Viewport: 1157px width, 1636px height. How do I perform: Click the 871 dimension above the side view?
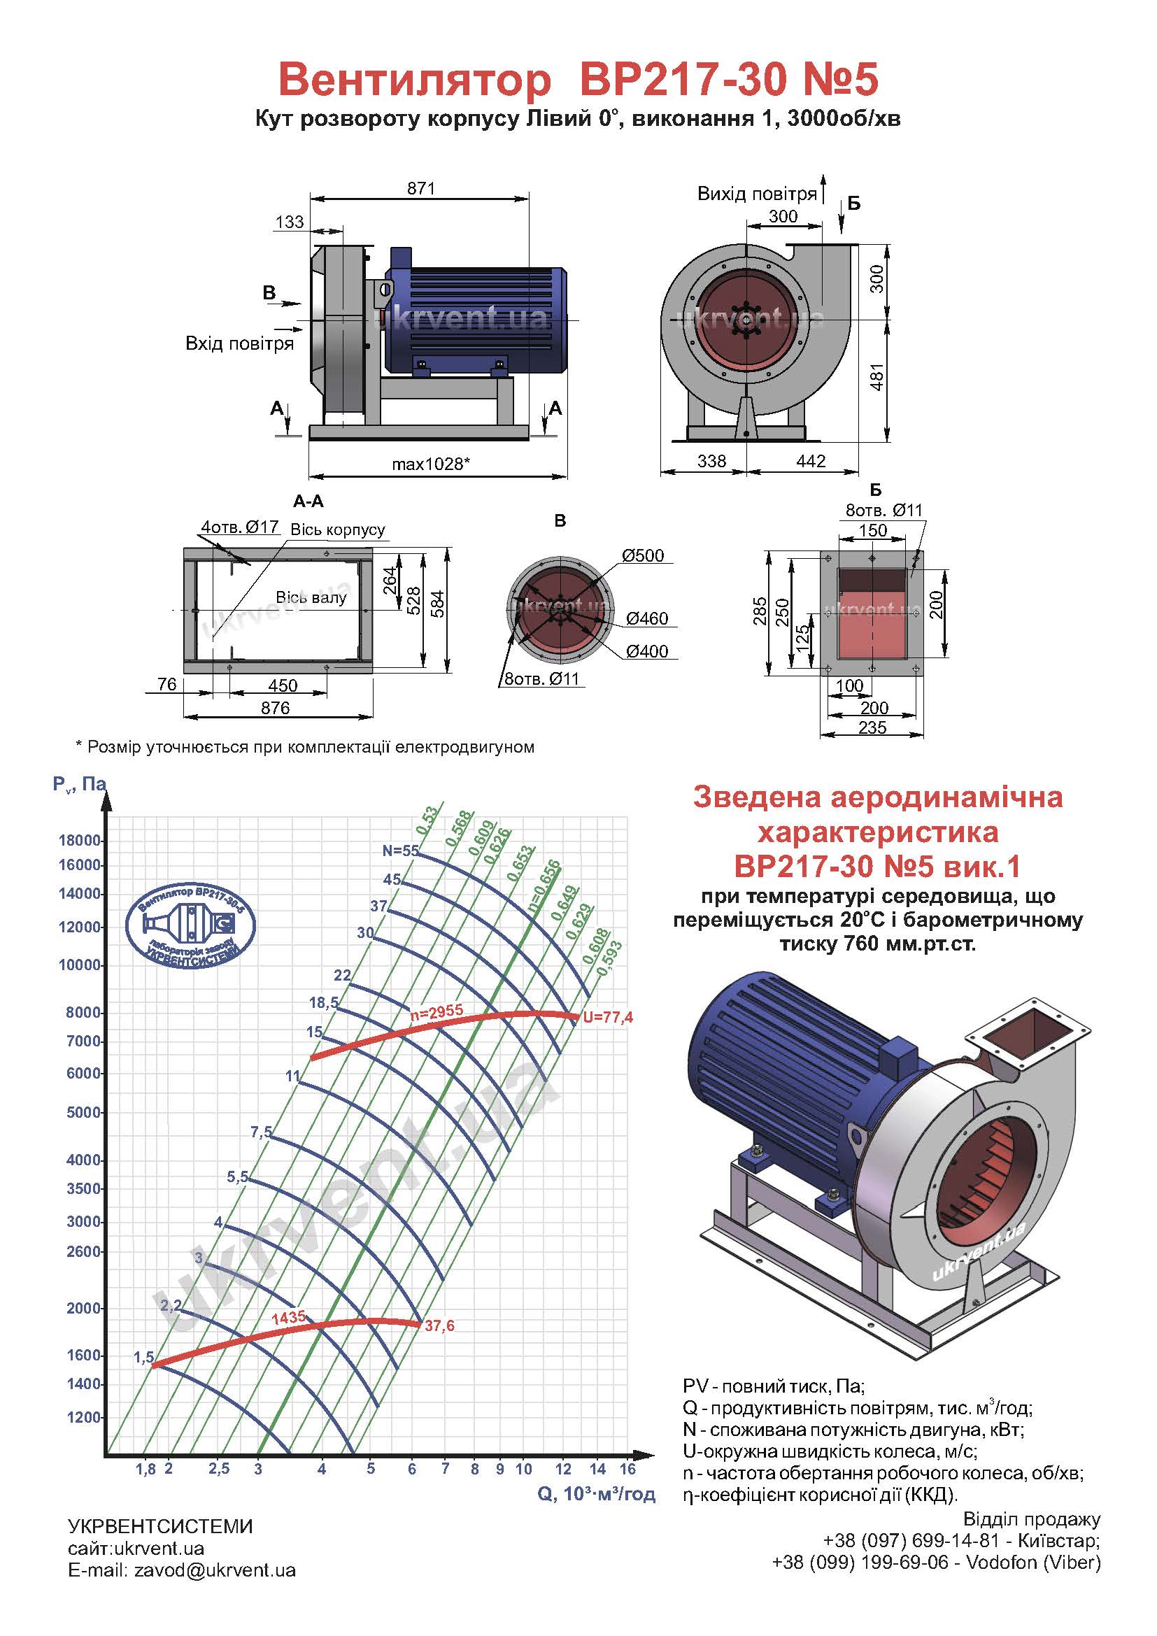coord(421,188)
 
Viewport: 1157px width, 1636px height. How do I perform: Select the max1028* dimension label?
coord(431,464)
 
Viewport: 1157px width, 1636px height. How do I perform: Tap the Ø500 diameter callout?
coord(643,555)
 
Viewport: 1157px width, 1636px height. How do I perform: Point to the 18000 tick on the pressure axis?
coord(80,840)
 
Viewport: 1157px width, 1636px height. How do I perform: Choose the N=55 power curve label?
coord(400,850)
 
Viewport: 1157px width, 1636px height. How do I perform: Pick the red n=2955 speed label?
coord(436,1011)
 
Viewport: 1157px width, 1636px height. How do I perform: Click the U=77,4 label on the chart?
coord(608,1017)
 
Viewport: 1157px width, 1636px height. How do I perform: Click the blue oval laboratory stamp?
coord(190,925)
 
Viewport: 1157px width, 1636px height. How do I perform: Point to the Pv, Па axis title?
coord(79,785)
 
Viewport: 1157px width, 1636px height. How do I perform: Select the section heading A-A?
coord(308,501)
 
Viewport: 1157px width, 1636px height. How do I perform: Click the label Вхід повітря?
coord(239,343)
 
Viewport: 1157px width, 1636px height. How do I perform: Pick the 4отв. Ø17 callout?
coord(239,527)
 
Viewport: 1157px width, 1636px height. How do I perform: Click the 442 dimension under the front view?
coord(811,461)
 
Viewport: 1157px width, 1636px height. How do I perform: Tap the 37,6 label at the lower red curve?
coord(439,1325)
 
